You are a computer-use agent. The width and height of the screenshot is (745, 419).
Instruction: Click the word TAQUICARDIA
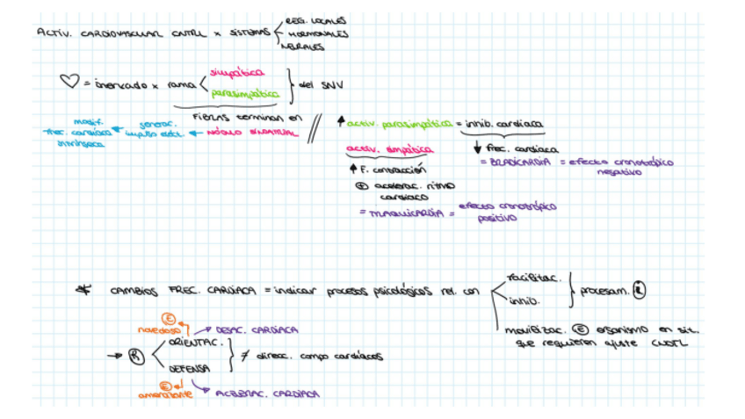tap(404, 213)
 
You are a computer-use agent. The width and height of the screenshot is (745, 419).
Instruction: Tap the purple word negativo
tap(619, 173)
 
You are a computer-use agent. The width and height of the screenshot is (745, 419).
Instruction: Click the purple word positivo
tap(496, 218)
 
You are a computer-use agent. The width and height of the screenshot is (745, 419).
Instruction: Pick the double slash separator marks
tap(313, 127)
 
